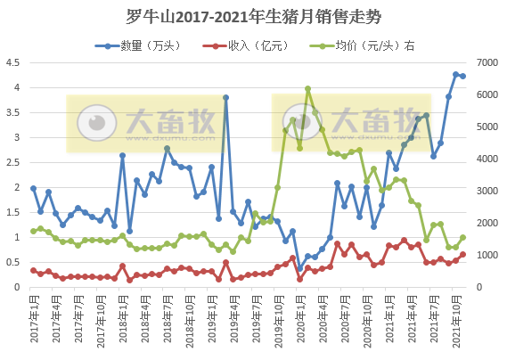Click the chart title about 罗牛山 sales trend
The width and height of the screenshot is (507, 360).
253,16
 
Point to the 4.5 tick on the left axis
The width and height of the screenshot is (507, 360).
13,62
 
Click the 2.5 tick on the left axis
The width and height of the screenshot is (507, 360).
13,162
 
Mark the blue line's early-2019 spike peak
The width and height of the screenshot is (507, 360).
226,97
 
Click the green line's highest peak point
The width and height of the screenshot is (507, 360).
307,89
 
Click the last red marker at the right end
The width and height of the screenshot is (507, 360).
463,254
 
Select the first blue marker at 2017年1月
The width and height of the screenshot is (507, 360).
33,188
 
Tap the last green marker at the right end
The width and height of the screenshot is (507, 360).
463,237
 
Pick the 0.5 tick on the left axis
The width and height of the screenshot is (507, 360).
13,262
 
